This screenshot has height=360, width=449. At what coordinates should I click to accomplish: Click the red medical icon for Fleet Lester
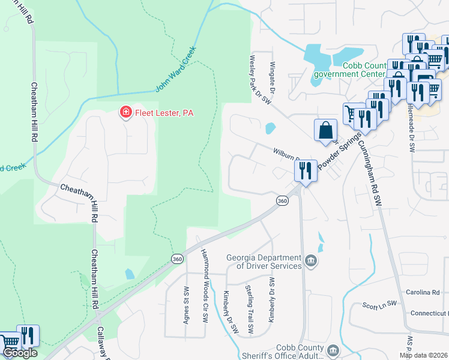[x=125, y=112]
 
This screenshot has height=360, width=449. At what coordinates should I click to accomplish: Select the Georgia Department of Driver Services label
[x=264, y=262]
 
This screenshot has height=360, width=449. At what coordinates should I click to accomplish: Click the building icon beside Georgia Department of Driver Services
[x=311, y=260]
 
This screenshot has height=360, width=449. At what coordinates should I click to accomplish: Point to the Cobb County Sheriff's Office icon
[x=333, y=350]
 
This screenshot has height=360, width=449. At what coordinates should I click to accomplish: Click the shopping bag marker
[x=325, y=130]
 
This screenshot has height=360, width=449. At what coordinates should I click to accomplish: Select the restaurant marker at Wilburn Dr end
[x=305, y=171]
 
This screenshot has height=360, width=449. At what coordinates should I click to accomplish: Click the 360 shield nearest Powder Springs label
[x=282, y=201]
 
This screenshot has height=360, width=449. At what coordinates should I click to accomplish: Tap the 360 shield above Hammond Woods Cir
[x=176, y=259]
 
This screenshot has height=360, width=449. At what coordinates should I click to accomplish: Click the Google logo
[x=19, y=353]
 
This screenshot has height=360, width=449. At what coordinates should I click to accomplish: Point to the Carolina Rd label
[x=427, y=293]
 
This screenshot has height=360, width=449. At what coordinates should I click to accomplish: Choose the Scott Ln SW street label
[x=380, y=305]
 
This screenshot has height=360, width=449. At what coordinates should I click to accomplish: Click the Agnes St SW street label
[x=185, y=304]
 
